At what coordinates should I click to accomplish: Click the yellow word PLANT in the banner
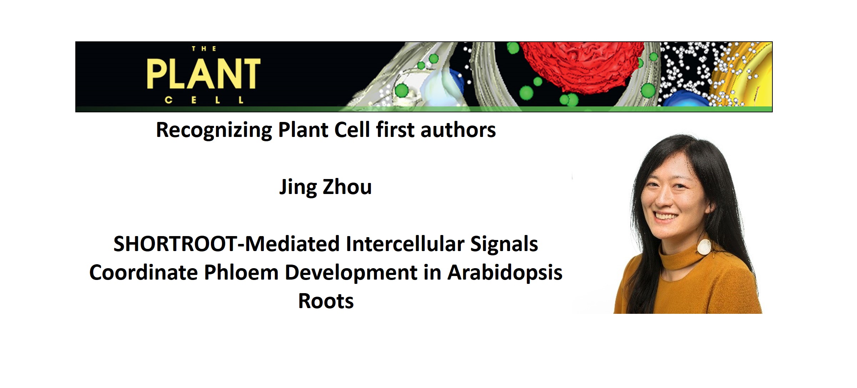(x=203, y=74)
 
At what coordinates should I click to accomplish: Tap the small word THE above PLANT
(x=204, y=49)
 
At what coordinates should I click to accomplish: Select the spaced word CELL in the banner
(x=204, y=100)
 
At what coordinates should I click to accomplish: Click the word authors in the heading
(x=458, y=130)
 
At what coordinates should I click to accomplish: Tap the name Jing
(x=298, y=187)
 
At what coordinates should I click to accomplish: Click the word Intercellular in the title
(x=405, y=244)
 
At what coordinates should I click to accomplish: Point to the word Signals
(x=504, y=244)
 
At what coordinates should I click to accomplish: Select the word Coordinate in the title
(x=143, y=273)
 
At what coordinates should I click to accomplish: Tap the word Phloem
(x=241, y=273)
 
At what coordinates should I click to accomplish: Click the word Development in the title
(x=351, y=273)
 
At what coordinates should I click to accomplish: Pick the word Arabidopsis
(x=505, y=273)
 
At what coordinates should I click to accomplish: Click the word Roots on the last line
(x=326, y=301)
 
